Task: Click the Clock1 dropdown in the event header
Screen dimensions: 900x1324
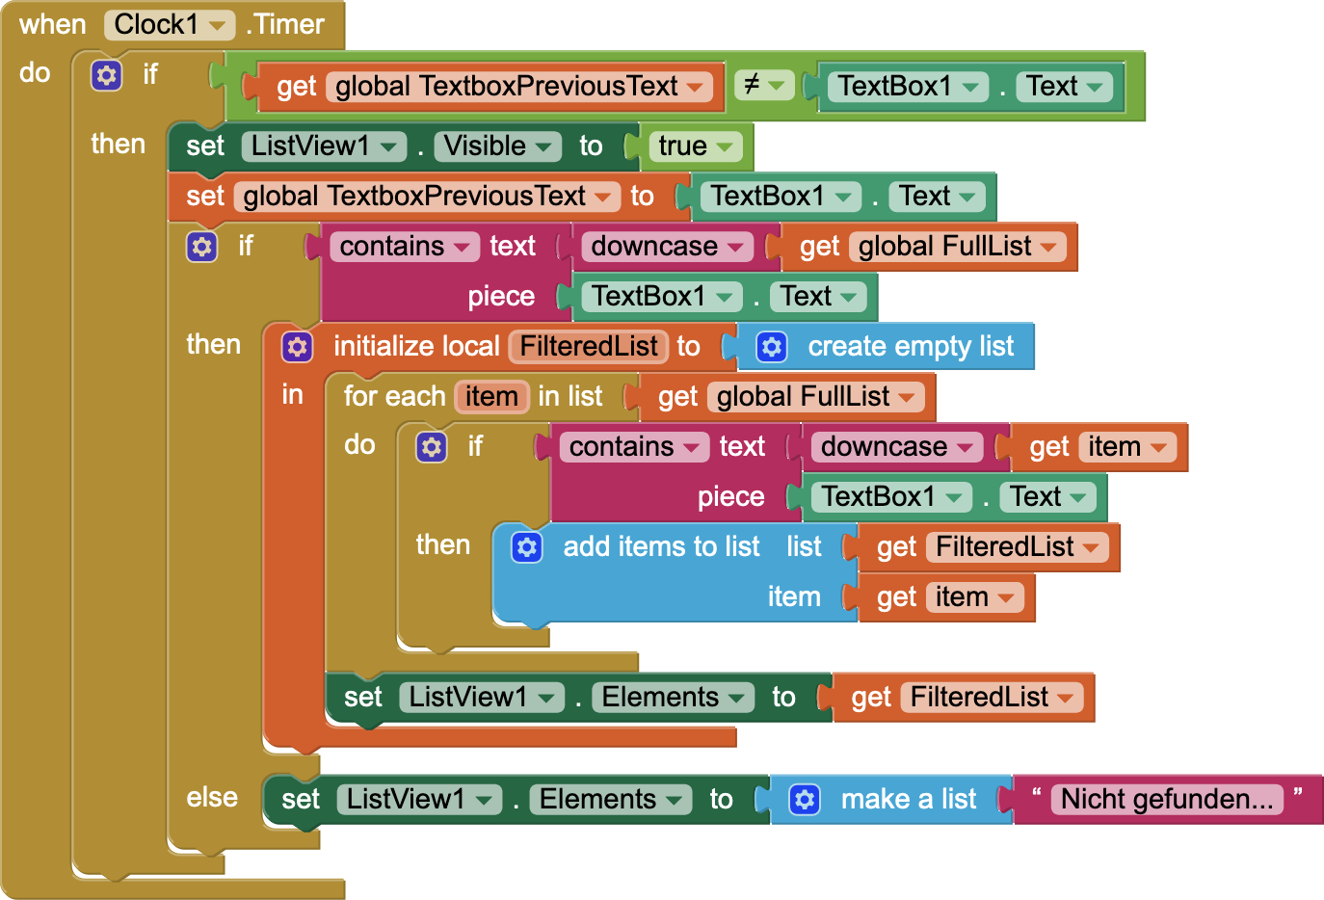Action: pos(169,25)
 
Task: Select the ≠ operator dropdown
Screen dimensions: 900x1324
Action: pos(763,86)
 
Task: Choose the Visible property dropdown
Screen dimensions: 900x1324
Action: pos(497,146)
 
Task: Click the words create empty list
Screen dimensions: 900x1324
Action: pos(910,347)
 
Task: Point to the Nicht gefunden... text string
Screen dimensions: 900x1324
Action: pos(1166,800)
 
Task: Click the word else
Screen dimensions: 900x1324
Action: pos(212,798)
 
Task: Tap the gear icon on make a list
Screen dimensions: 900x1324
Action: pos(805,800)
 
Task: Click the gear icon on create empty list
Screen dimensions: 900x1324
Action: pos(772,347)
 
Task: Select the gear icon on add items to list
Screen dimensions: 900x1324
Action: pos(526,547)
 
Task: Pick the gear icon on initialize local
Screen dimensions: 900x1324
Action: pos(297,347)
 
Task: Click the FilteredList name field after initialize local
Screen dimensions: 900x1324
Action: pos(588,347)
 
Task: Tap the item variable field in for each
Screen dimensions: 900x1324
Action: pos(491,397)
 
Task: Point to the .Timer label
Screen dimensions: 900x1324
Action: pos(286,25)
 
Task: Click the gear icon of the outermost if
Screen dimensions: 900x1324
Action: pos(106,75)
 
